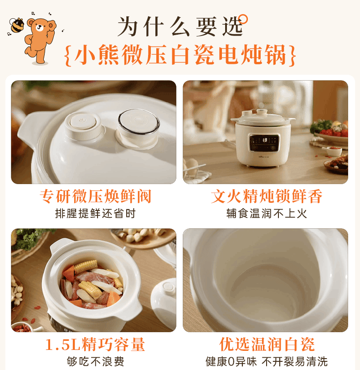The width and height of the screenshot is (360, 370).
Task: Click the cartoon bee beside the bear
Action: [x=16, y=25]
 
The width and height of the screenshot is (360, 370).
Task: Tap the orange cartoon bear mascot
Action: [x=40, y=40]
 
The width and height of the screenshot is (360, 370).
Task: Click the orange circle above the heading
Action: [x=243, y=19]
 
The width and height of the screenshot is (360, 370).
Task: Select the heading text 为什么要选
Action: [x=180, y=26]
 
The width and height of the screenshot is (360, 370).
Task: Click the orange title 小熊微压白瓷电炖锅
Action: [x=180, y=55]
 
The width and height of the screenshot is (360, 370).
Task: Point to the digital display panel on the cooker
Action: [x=264, y=143]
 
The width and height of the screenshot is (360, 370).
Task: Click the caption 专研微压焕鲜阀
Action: [x=96, y=196]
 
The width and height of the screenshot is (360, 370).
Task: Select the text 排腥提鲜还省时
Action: [x=96, y=214]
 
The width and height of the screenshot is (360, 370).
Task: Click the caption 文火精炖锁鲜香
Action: [x=267, y=196]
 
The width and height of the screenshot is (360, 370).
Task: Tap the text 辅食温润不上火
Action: [x=267, y=214]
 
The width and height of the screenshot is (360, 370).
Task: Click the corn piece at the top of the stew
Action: [x=86, y=266]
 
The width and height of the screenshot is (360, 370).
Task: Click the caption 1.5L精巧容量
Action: [x=95, y=344]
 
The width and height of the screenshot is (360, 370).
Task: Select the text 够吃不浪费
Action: [x=95, y=361]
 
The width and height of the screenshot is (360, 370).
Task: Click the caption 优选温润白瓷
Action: [x=267, y=344]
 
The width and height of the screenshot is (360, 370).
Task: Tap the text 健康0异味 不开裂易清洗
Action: [x=267, y=361]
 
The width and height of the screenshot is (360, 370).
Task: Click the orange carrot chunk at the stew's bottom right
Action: [x=113, y=299]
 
